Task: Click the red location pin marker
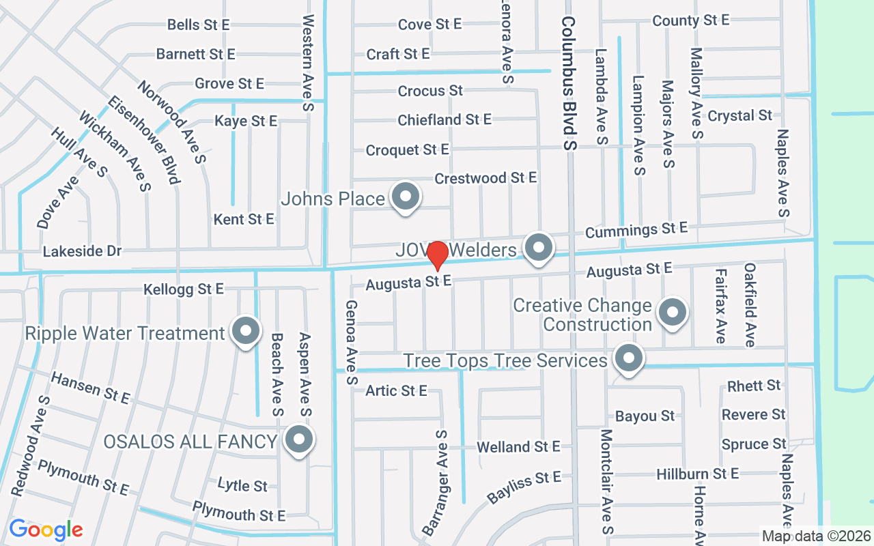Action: click(x=437, y=255)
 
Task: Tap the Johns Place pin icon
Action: click(x=406, y=197)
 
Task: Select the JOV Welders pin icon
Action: click(x=539, y=247)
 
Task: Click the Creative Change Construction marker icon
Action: click(x=672, y=313)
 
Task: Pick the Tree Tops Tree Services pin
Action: click(x=628, y=358)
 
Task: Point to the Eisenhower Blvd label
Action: click(x=143, y=139)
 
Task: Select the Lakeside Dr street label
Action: click(x=82, y=252)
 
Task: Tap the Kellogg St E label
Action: click(x=184, y=289)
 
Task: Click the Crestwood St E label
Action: click(x=485, y=178)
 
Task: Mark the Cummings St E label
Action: click(x=636, y=230)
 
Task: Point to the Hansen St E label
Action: click(x=90, y=388)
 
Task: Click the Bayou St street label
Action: click(x=645, y=416)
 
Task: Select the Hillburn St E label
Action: click(x=697, y=473)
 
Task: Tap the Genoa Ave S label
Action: click(x=352, y=342)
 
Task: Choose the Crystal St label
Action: click(x=739, y=115)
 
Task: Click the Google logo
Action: click(x=46, y=530)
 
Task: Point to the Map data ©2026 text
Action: click(x=816, y=536)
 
